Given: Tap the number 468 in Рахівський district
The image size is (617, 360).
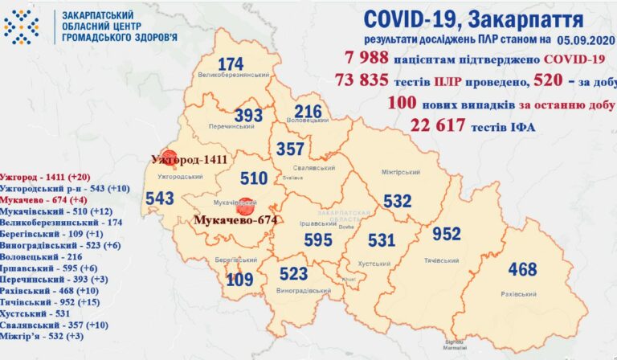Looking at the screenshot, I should [522, 269].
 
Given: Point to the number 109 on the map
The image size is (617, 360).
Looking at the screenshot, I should [239, 280].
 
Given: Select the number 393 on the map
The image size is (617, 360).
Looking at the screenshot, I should [248, 116].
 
